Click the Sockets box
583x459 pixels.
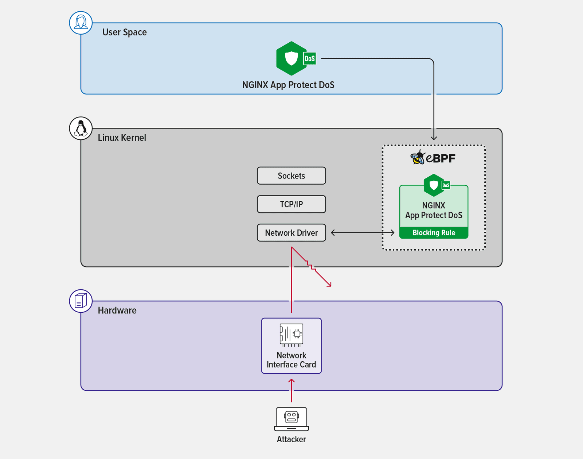291,176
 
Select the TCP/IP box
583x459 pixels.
291,204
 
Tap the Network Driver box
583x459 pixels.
291,233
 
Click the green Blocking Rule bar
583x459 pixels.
434,233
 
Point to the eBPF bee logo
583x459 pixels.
418,158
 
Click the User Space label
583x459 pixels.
124,32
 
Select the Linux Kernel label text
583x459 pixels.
122,138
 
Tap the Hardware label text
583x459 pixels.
117,310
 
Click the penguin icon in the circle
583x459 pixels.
81,128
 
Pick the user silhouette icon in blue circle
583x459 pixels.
81,23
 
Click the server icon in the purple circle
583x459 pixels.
81,301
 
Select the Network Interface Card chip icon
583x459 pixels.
291,334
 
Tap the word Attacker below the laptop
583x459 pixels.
291,439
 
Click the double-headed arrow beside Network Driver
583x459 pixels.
363,232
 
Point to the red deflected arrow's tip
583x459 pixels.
330,285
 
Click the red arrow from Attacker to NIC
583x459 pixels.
291,390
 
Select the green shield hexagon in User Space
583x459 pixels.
291,58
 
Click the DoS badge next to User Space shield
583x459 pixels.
310,58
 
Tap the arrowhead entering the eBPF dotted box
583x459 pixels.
434,138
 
